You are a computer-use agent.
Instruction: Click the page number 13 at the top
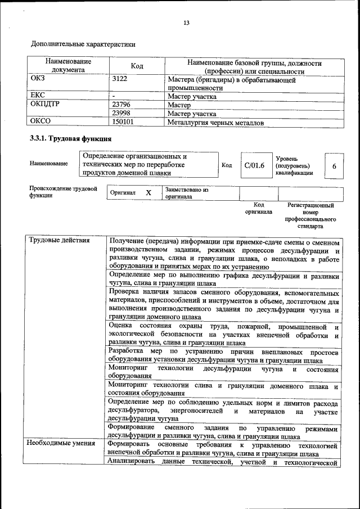coord(186,22)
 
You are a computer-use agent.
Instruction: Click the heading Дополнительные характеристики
coord(83,43)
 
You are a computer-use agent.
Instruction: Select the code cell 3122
coord(120,79)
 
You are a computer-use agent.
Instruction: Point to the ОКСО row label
coord(40,121)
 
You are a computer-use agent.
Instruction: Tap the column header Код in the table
coord(137,66)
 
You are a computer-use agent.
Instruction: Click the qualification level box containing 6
coord(334,166)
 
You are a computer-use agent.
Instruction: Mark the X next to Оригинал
coord(148,193)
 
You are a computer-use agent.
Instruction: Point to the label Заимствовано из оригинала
coord(186,193)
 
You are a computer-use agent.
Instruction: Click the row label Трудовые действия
coord(60,241)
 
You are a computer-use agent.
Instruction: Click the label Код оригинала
coord(258,209)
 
